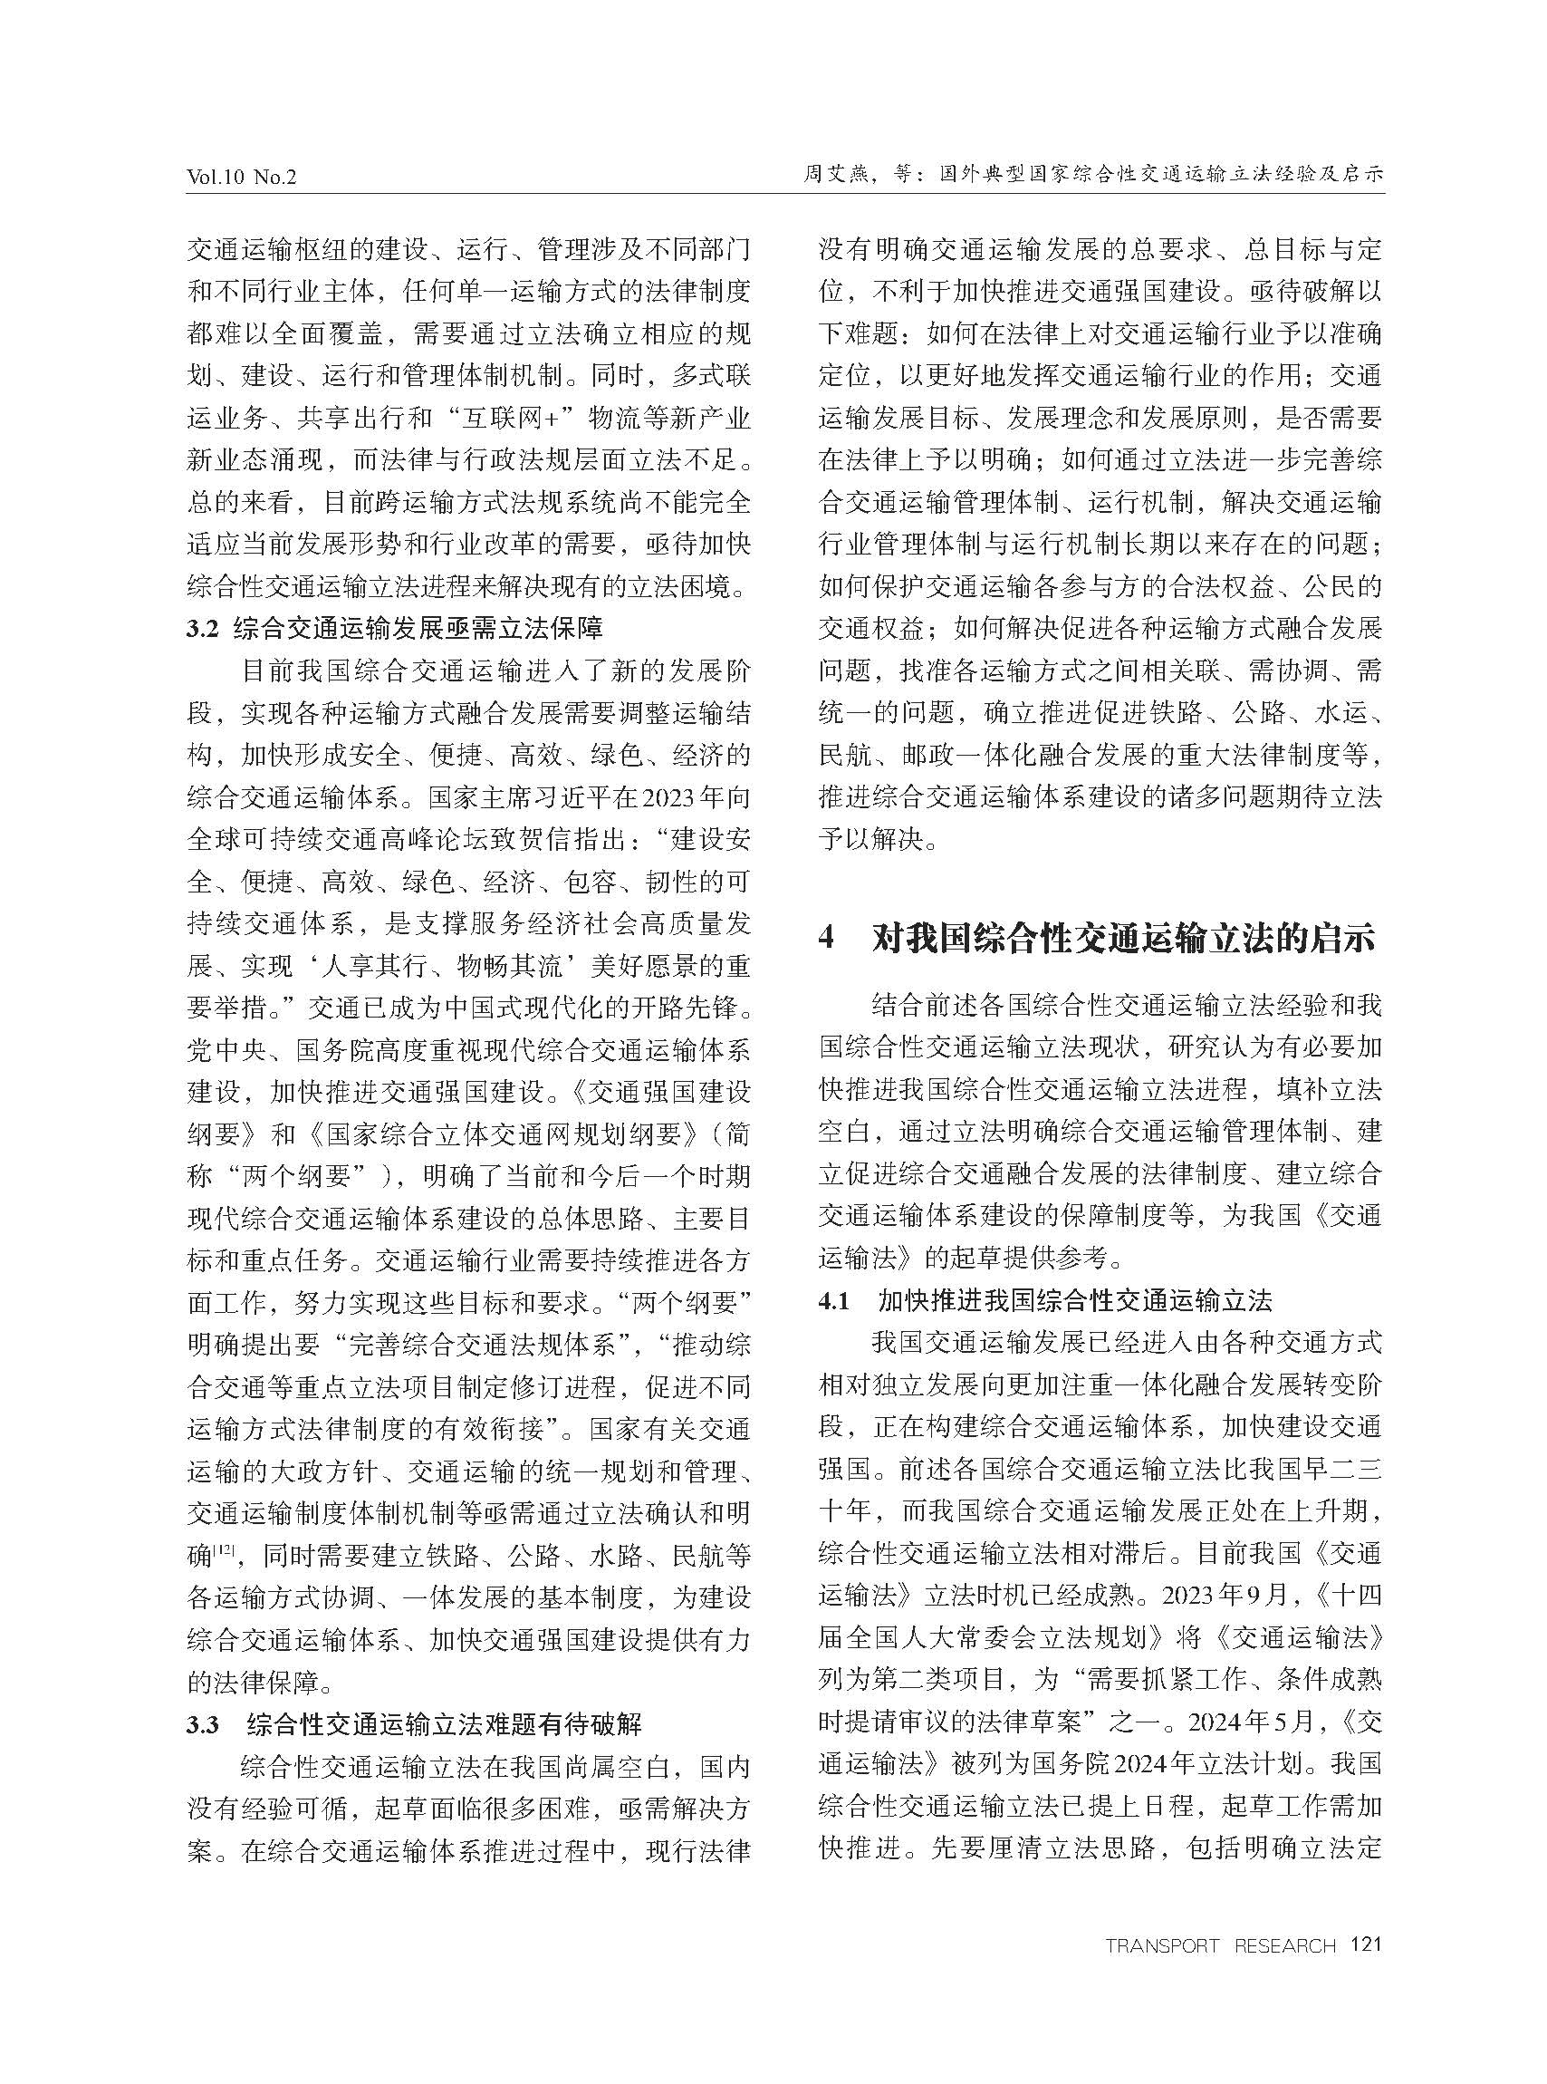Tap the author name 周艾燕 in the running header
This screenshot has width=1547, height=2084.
[834, 174]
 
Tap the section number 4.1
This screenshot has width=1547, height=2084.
[833, 1301]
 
